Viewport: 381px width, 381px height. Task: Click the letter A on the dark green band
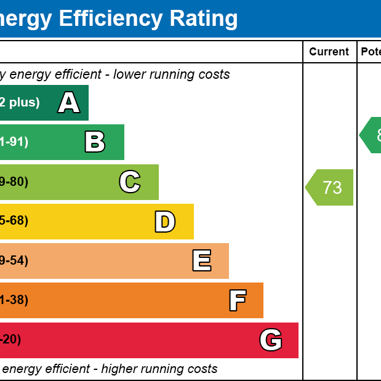(x=69, y=103)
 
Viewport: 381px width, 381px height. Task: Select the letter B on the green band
(x=95, y=142)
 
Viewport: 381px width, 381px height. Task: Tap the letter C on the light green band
(x=130, y=182)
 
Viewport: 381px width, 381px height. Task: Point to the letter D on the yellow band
(x=165, y=222)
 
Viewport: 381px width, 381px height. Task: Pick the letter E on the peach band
(x=202, y=261)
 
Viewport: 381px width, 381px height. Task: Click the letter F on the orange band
(x=238, y=300)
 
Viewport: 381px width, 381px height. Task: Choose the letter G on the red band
(x=271, y=340)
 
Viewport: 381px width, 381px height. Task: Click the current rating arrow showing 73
(x=331, y=187)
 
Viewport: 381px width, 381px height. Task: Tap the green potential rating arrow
(x=371, y=135)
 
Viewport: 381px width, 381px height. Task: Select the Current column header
(x=329, y=52)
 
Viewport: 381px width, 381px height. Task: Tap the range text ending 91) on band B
(x=14, y=142)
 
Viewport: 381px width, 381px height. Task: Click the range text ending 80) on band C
(x=14, y=182)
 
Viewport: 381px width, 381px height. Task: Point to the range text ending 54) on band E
(x=14, y=261)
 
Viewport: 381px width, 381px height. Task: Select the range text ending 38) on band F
(x=14, y=300)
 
